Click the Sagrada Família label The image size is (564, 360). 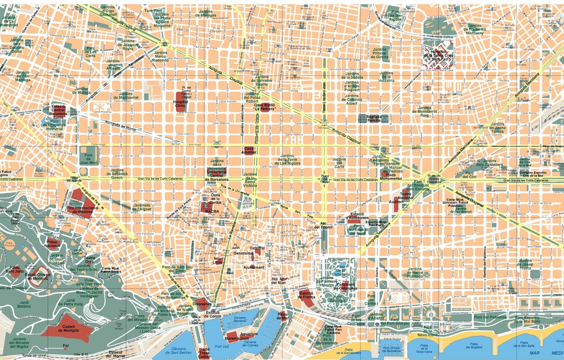click(x=370, y=117)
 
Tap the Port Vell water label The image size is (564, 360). click(x=221, y=347)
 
